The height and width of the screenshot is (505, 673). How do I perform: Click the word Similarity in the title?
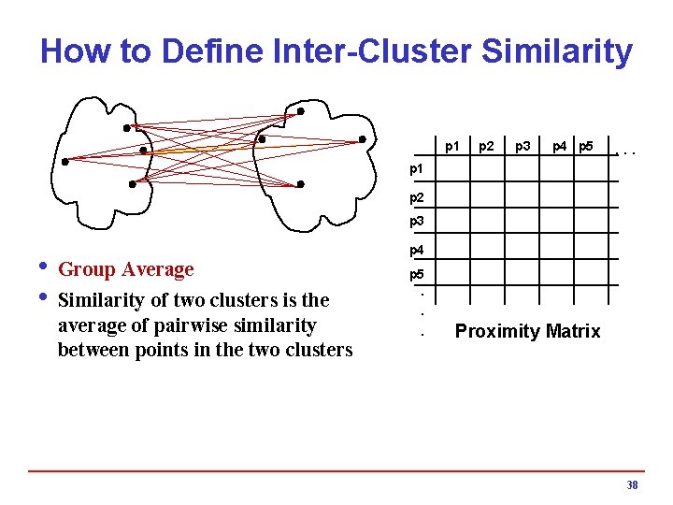[557, 51]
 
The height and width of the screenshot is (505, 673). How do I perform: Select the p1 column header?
[452, 146]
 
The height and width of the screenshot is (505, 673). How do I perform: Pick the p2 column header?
[486, 146]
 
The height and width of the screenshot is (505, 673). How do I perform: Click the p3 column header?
[523, 146]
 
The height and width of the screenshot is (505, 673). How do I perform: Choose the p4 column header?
[559, 146]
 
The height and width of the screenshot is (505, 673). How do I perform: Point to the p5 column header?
[586, 146]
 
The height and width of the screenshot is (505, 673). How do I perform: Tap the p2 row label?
[417, 197]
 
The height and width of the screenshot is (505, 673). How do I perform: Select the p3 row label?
[417, 222]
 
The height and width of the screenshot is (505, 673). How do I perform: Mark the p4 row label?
[417, 251]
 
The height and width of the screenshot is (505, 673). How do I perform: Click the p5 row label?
[417, 276]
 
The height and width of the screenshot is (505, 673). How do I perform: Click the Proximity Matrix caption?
[527, 331]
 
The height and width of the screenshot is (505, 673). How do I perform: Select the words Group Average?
[126, 269]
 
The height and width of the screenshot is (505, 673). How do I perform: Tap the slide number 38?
[632, 485]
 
